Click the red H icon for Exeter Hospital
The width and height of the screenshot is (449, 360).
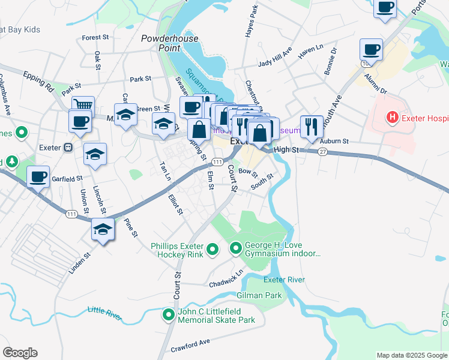pyautogui.click(x=393, y=116)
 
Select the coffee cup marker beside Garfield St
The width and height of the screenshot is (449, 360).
pyautogui.click(x=38, y=176)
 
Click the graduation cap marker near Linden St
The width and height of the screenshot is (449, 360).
pyautogui.click(x=103, y=229)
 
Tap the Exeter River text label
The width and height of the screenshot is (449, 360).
pyautogui.click(x=284, y=280)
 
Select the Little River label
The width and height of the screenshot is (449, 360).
pyautogui.click(x=104, y=311)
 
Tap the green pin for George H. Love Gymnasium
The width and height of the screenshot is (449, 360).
pyautogui.click(x=235, y=247)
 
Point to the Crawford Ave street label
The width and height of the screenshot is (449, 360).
pyautogui.click(x=190, y=342)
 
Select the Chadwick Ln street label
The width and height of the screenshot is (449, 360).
pyautogui.click(x=226, y=277)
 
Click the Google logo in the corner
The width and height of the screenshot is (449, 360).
pyautogui.click(x=20, y=353)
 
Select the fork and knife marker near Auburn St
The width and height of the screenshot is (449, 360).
pyautogui.click(x=310, y=126)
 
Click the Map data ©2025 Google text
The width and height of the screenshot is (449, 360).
pyautogui.click(x=412, y=355)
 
